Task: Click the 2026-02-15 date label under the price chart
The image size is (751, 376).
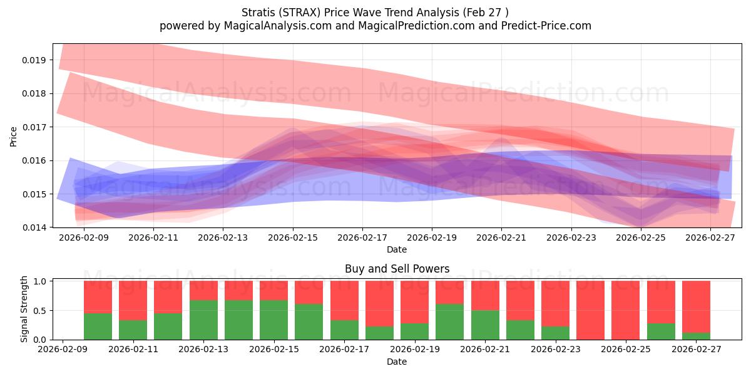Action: (293, 238)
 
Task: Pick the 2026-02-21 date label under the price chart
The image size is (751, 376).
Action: (501, 238)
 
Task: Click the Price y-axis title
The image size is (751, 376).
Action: (13, 137)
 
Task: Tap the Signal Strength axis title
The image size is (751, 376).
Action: (24, 309)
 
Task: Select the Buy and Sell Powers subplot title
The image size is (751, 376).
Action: (397, 269)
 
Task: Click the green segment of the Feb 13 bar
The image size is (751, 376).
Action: (203, 320)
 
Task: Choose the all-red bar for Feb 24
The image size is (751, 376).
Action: (590, 310)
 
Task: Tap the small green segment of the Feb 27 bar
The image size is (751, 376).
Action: (696, 336)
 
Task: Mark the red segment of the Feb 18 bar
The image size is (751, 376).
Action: (379, 303)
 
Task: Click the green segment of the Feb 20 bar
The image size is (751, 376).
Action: (449, 321)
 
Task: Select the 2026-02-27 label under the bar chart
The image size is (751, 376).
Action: (696, 349)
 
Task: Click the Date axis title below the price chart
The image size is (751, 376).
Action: (397, 249)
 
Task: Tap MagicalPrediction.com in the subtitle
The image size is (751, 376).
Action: (416, 26)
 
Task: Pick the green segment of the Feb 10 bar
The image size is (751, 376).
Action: (98, 326)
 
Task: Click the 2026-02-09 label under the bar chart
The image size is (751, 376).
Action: (63, 349)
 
